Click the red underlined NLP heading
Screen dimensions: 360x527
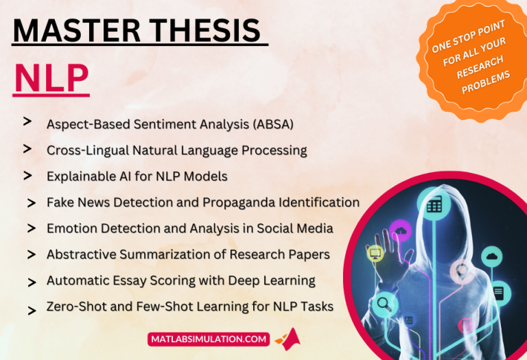point(51,80)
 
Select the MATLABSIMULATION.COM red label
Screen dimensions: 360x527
point(207,338)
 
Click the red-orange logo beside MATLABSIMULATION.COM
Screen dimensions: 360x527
point(288,339)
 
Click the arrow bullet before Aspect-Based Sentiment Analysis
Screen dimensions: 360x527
point(27,121)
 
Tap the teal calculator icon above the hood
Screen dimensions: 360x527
point(434,204)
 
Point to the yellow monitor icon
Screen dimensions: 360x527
point(375,254)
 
